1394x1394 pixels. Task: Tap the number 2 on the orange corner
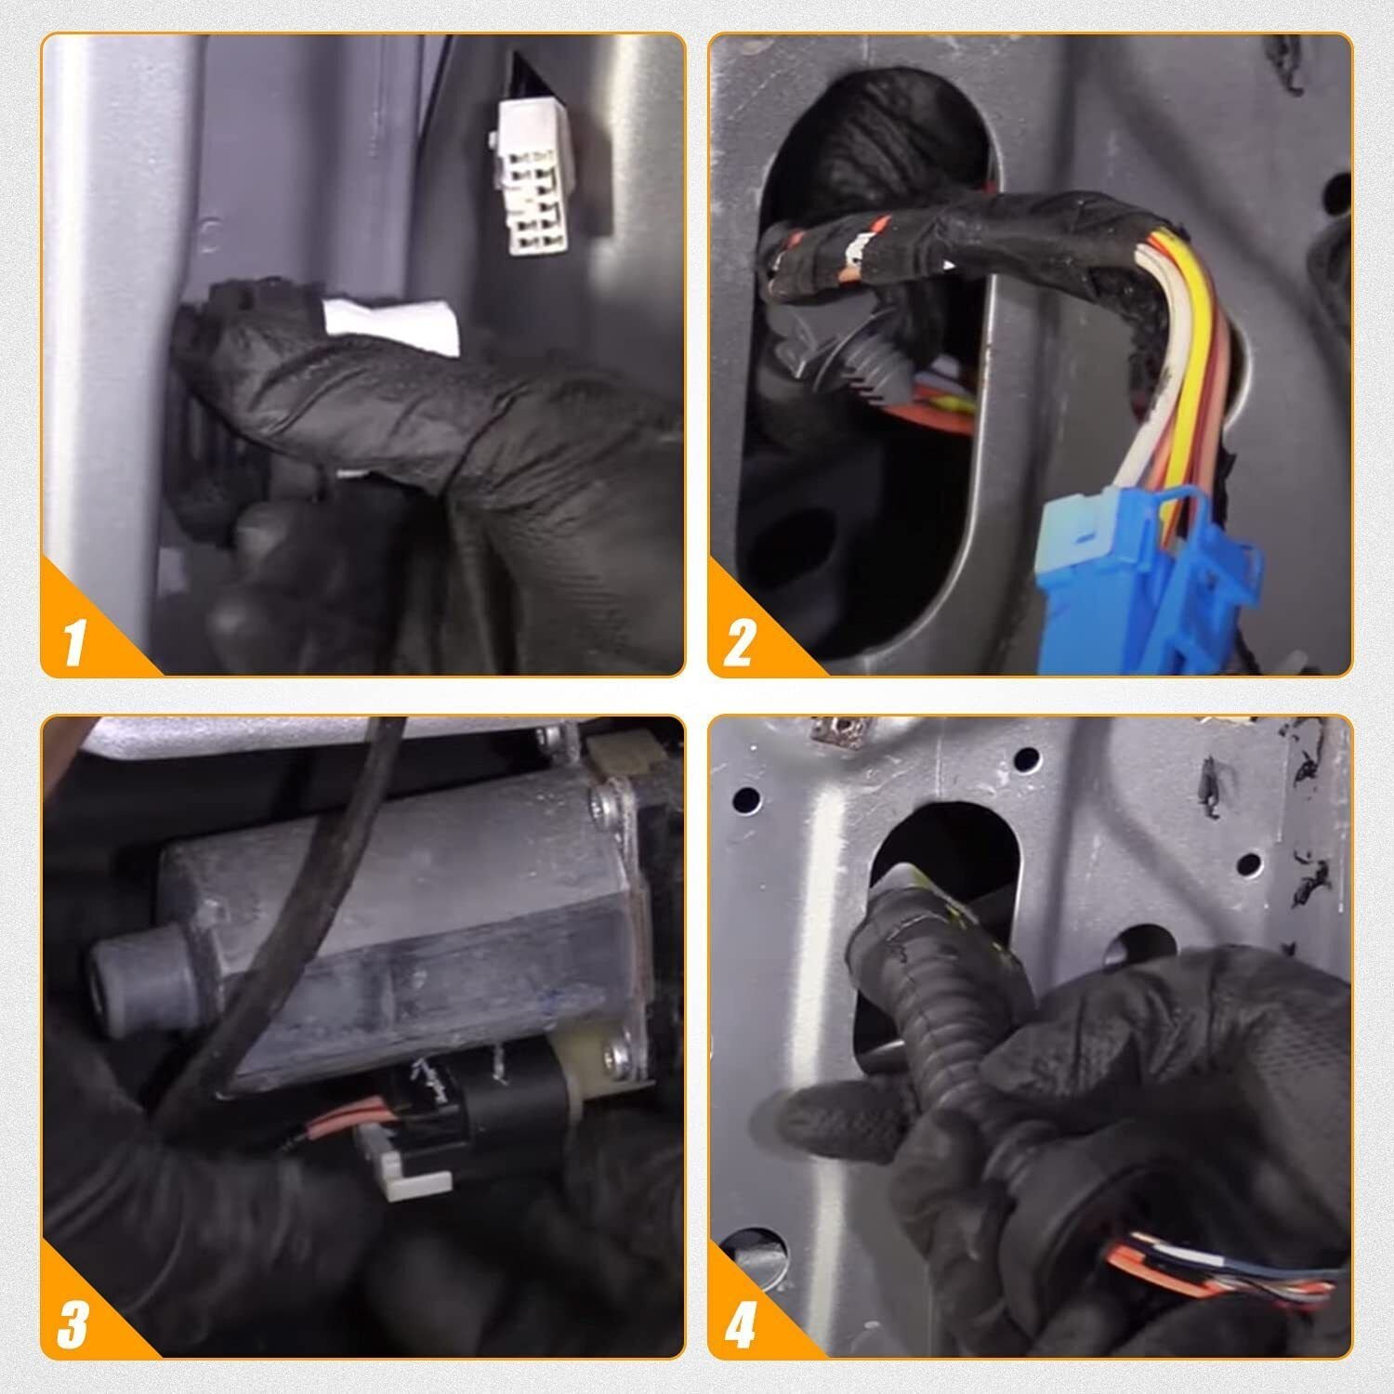coord(739,640)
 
